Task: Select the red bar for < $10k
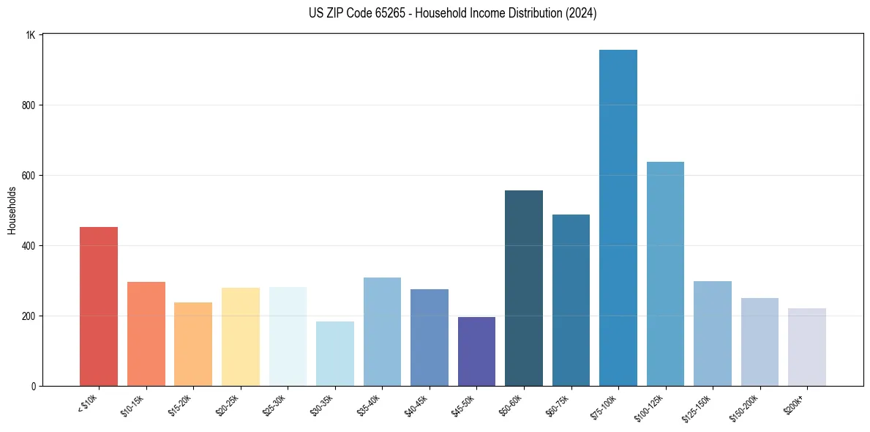99,307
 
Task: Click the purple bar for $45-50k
476,351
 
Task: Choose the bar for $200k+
807,347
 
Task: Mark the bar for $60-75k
571,300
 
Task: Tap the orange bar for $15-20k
193,344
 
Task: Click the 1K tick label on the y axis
31,35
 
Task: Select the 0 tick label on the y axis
34,386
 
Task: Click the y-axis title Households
12,210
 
